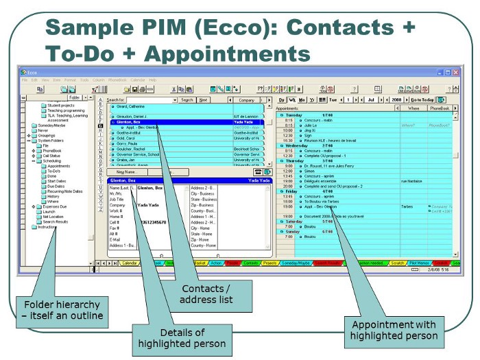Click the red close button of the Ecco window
tap(455, 72)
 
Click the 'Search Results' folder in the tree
tap(56, 221)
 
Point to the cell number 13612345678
tap(152, 221)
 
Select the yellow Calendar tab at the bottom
tap(130, 263)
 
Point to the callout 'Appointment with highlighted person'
tap(394, 330)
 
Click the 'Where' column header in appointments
tap(413, 108)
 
